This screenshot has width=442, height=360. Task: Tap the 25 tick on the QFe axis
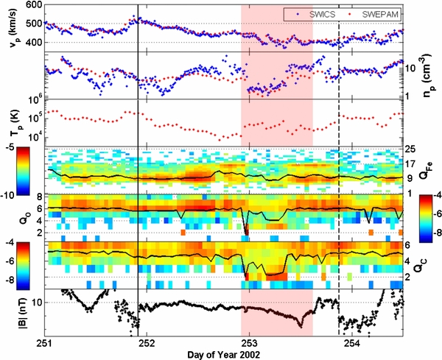410,150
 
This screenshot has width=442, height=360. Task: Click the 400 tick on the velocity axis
33,42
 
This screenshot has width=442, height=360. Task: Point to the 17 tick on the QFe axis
410,164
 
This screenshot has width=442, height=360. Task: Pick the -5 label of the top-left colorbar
21,148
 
